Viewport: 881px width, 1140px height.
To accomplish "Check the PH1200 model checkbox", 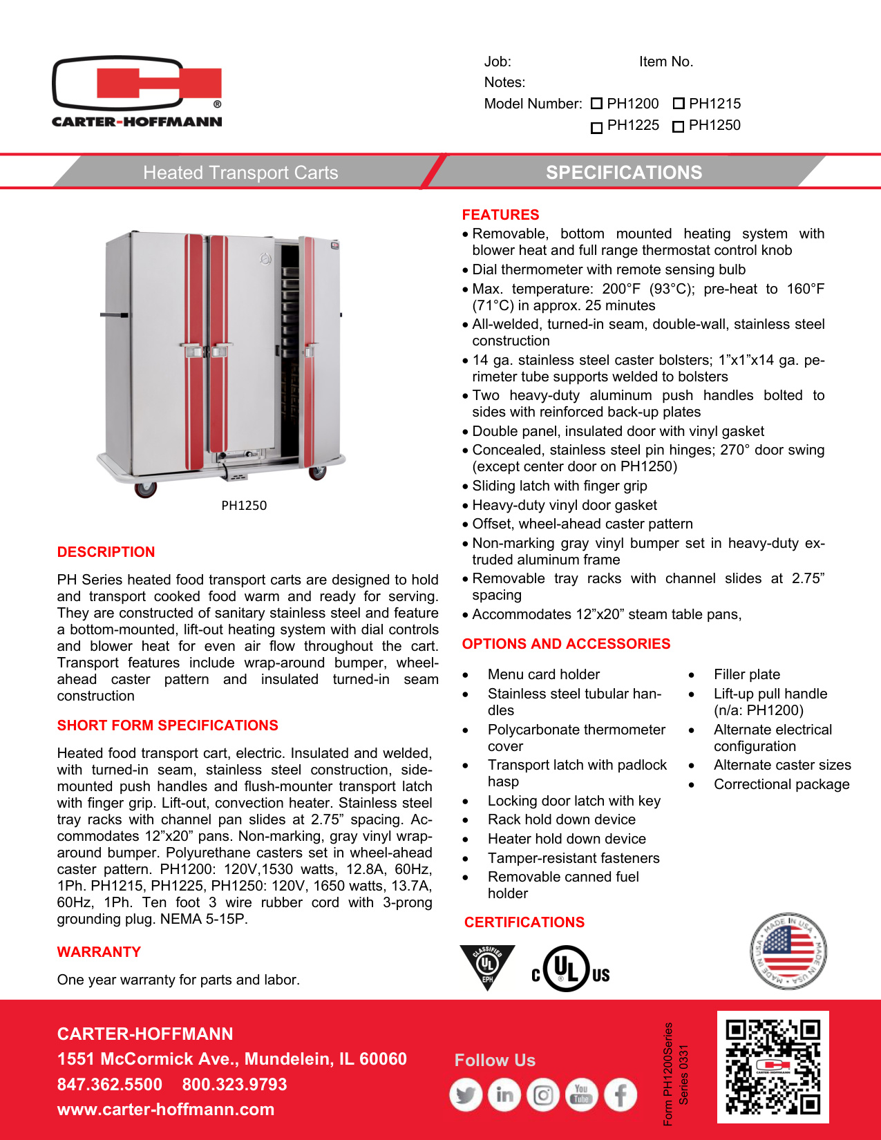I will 597,104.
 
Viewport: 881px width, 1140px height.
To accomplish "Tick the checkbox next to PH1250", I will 679,126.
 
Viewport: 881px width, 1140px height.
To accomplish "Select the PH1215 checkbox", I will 679,104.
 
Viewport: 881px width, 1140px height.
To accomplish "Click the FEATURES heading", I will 500,215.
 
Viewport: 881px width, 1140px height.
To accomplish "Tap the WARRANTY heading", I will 99,952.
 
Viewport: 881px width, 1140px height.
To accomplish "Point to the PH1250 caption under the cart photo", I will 244,505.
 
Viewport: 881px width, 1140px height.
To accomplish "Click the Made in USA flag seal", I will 788,951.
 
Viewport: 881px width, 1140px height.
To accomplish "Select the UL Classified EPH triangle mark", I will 487,966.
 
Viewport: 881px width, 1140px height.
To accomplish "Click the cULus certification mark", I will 570,969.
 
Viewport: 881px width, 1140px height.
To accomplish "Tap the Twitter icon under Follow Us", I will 466,1095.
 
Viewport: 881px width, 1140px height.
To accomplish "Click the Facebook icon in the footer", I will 621,1095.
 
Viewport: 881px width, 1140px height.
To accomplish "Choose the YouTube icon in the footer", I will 582,1095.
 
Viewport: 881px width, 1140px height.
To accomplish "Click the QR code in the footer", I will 773,1067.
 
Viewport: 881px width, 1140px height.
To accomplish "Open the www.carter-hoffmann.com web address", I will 166,1110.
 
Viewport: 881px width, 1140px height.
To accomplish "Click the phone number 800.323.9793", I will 234,1085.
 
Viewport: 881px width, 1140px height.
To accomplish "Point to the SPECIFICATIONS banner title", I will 624,173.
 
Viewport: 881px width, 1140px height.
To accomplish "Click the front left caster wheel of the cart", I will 145,488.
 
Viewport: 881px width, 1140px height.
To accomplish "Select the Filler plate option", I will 747,674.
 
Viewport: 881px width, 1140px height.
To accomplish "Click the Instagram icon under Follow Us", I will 543,1095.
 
